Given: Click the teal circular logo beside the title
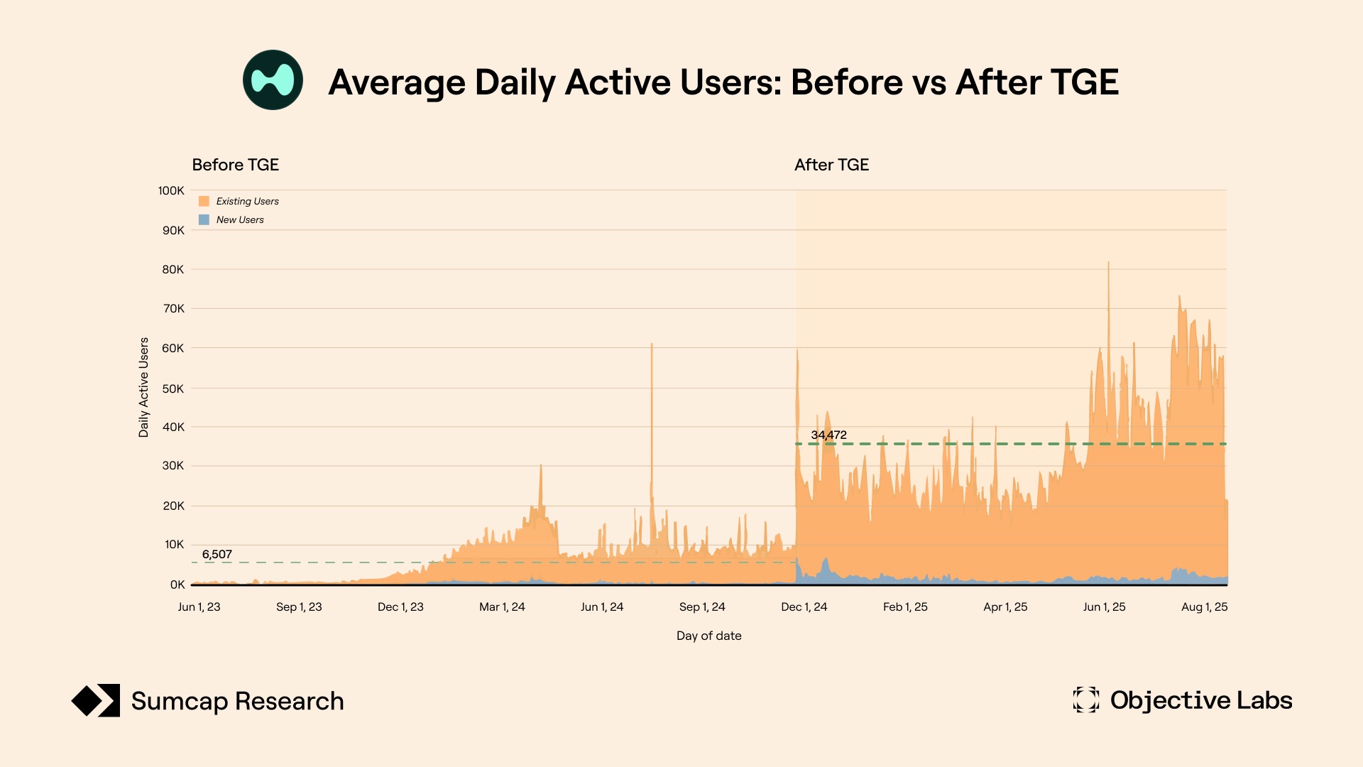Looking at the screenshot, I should [273, 80].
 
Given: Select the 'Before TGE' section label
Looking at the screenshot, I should [235, 165].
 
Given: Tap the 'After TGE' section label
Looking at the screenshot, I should [831, 165].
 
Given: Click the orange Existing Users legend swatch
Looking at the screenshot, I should [204, 201].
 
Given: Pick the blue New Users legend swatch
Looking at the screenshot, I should [204, 219].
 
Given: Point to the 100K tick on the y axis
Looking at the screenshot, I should [171, 190].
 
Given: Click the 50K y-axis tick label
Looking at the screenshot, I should [173, 388].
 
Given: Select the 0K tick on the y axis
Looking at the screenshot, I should [177, 584].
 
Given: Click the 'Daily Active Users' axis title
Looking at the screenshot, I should [143, 387].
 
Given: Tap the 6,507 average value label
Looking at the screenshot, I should [217, 554].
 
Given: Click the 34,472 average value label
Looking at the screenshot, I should [828, 435].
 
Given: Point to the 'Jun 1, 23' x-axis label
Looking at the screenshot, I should [199, 606].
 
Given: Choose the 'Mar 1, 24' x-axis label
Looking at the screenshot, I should [502, 606].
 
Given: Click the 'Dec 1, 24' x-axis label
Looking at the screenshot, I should [804, 606].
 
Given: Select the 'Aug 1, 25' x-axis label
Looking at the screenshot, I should [1204, 606].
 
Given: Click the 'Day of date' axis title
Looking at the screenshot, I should [708, 636].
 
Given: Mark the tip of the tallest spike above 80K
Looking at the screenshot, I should [1108, 263].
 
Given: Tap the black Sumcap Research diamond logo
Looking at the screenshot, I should [96, 701].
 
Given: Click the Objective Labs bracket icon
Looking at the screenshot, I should [1085, 700].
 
